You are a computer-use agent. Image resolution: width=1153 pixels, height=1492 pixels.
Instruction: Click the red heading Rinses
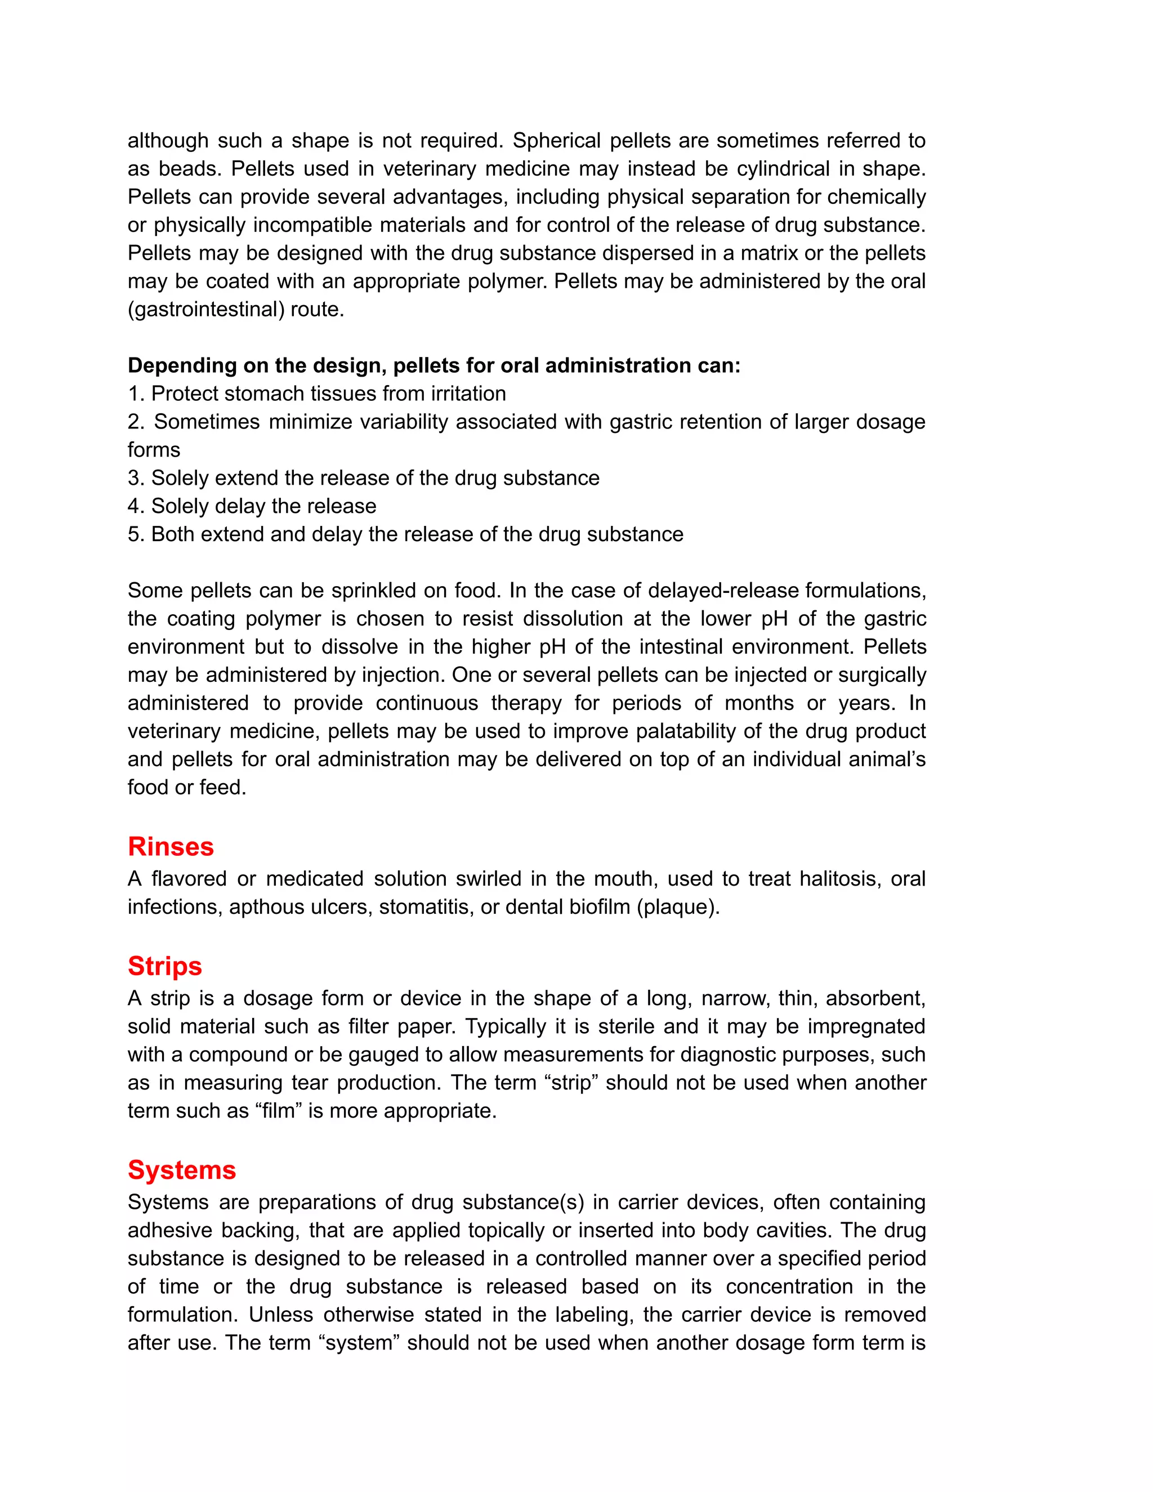click(x=171, y=846)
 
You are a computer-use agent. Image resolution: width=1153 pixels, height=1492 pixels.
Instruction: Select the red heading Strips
click(x=164, y=966)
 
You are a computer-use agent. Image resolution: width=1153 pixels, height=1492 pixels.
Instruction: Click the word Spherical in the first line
click(x=555, y=141)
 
